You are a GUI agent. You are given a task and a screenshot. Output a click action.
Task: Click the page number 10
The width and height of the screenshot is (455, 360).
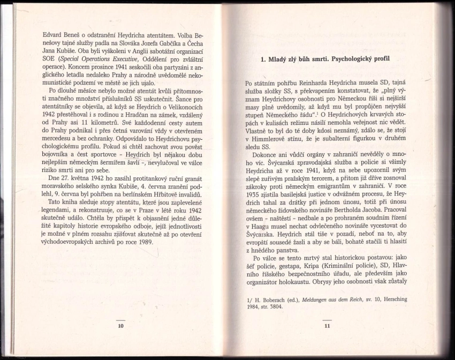pyautogui.click(x=120, y=325)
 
